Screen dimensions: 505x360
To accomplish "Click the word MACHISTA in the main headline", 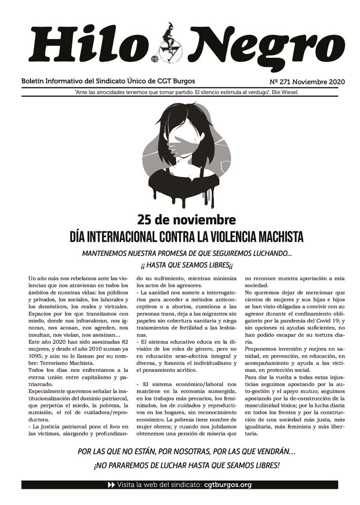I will (278, 237).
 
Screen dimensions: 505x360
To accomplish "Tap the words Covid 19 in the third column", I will (323, 322).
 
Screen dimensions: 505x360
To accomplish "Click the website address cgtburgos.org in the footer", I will (227, 485).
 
